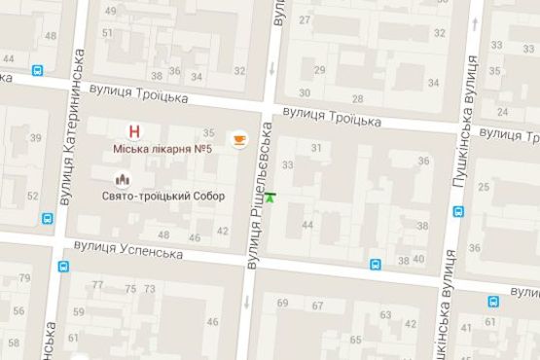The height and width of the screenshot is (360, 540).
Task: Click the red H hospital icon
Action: pyautogui.click(x=134, y=131)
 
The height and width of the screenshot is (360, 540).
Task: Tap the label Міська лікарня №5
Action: pyautogui.click(x=163, y=149)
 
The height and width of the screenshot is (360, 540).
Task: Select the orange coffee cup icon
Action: pyautogui.click(x=237, y=140)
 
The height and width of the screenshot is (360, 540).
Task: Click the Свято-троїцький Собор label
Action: pyautogui.click(x=162, y=196)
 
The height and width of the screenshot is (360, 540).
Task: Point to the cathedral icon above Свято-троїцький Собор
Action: pyautogui.click(x=123, y=179)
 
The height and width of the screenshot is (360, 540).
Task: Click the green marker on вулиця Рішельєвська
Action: pyautogui.click(x=270, y=198)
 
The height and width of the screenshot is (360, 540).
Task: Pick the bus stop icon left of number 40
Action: pyautogui.click(x=376, y=262)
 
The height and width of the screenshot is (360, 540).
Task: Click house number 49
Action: pyautogui.click(x=109, y=12)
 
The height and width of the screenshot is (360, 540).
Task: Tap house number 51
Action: pyautogui.click(x=108, y=33)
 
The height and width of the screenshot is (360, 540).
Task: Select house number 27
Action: pyautogui.click(x=306, y=19)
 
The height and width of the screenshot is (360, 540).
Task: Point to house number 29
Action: pyautogui.click(x=318, y=69)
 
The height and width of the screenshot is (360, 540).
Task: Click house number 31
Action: pyautogui.click(x=316, y=147)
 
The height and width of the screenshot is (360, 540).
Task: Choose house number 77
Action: pyautogui.click(x=97, y=286)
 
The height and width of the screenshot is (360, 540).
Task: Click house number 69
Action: pyautogui.click(x=283, y=304)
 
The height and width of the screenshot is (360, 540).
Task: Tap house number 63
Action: pyautogui.click(x=386, y=314)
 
